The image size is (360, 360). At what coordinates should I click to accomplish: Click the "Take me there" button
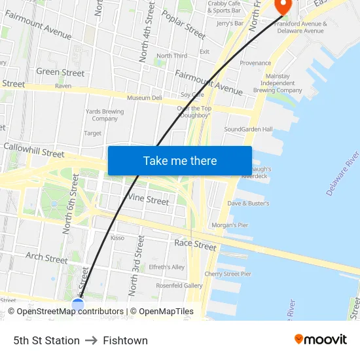click(179, 161)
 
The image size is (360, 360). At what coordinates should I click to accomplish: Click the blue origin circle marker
click(78, 304)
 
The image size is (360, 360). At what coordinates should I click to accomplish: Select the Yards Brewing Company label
click(105, 115)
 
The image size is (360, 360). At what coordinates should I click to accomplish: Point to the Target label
click(92, 133)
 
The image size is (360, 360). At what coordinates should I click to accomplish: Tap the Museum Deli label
click(144, 98)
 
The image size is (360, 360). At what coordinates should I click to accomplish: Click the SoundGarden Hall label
click(248, 130)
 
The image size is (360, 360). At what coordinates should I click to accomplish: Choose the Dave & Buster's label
click(248, 204)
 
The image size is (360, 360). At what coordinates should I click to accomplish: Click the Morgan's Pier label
click(230, 226)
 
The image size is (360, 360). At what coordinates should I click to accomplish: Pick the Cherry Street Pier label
click(228, 274)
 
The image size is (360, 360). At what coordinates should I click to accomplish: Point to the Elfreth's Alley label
click(167, 267)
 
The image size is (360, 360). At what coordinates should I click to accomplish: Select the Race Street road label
click(195, 245)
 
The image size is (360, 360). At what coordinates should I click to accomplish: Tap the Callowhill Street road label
click(34, 151)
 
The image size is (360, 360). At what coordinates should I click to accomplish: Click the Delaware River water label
click(343, 173)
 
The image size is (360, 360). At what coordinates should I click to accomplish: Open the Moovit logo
click(321, 340)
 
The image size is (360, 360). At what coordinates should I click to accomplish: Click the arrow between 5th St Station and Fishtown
click(91, 340)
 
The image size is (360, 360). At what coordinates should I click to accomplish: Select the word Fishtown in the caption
click(125, 340)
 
